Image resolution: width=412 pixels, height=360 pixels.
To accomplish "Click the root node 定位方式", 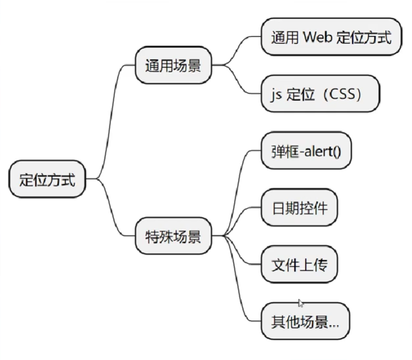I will (x=47, y=180).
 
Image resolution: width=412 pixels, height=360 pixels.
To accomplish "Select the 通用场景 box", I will (x=173, y=66).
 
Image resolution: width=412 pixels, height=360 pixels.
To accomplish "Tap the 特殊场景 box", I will (x=173, y=236).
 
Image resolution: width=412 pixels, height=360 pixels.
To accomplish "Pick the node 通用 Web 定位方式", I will (x=331, y=38).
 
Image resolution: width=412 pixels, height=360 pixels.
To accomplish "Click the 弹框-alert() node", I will (x=306, y=151).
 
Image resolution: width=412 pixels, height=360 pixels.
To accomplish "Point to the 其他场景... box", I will (x=304, y=322).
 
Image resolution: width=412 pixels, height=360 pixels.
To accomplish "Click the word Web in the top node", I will (x=318, y=38).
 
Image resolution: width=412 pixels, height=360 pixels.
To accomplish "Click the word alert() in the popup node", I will (x=323, y=151).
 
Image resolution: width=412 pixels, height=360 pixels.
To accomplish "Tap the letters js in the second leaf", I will (x=276, y=94).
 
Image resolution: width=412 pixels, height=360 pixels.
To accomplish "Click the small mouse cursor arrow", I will (x=300, y=303).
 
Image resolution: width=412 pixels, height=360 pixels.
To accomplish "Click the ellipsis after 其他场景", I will (x=335, y=324).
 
